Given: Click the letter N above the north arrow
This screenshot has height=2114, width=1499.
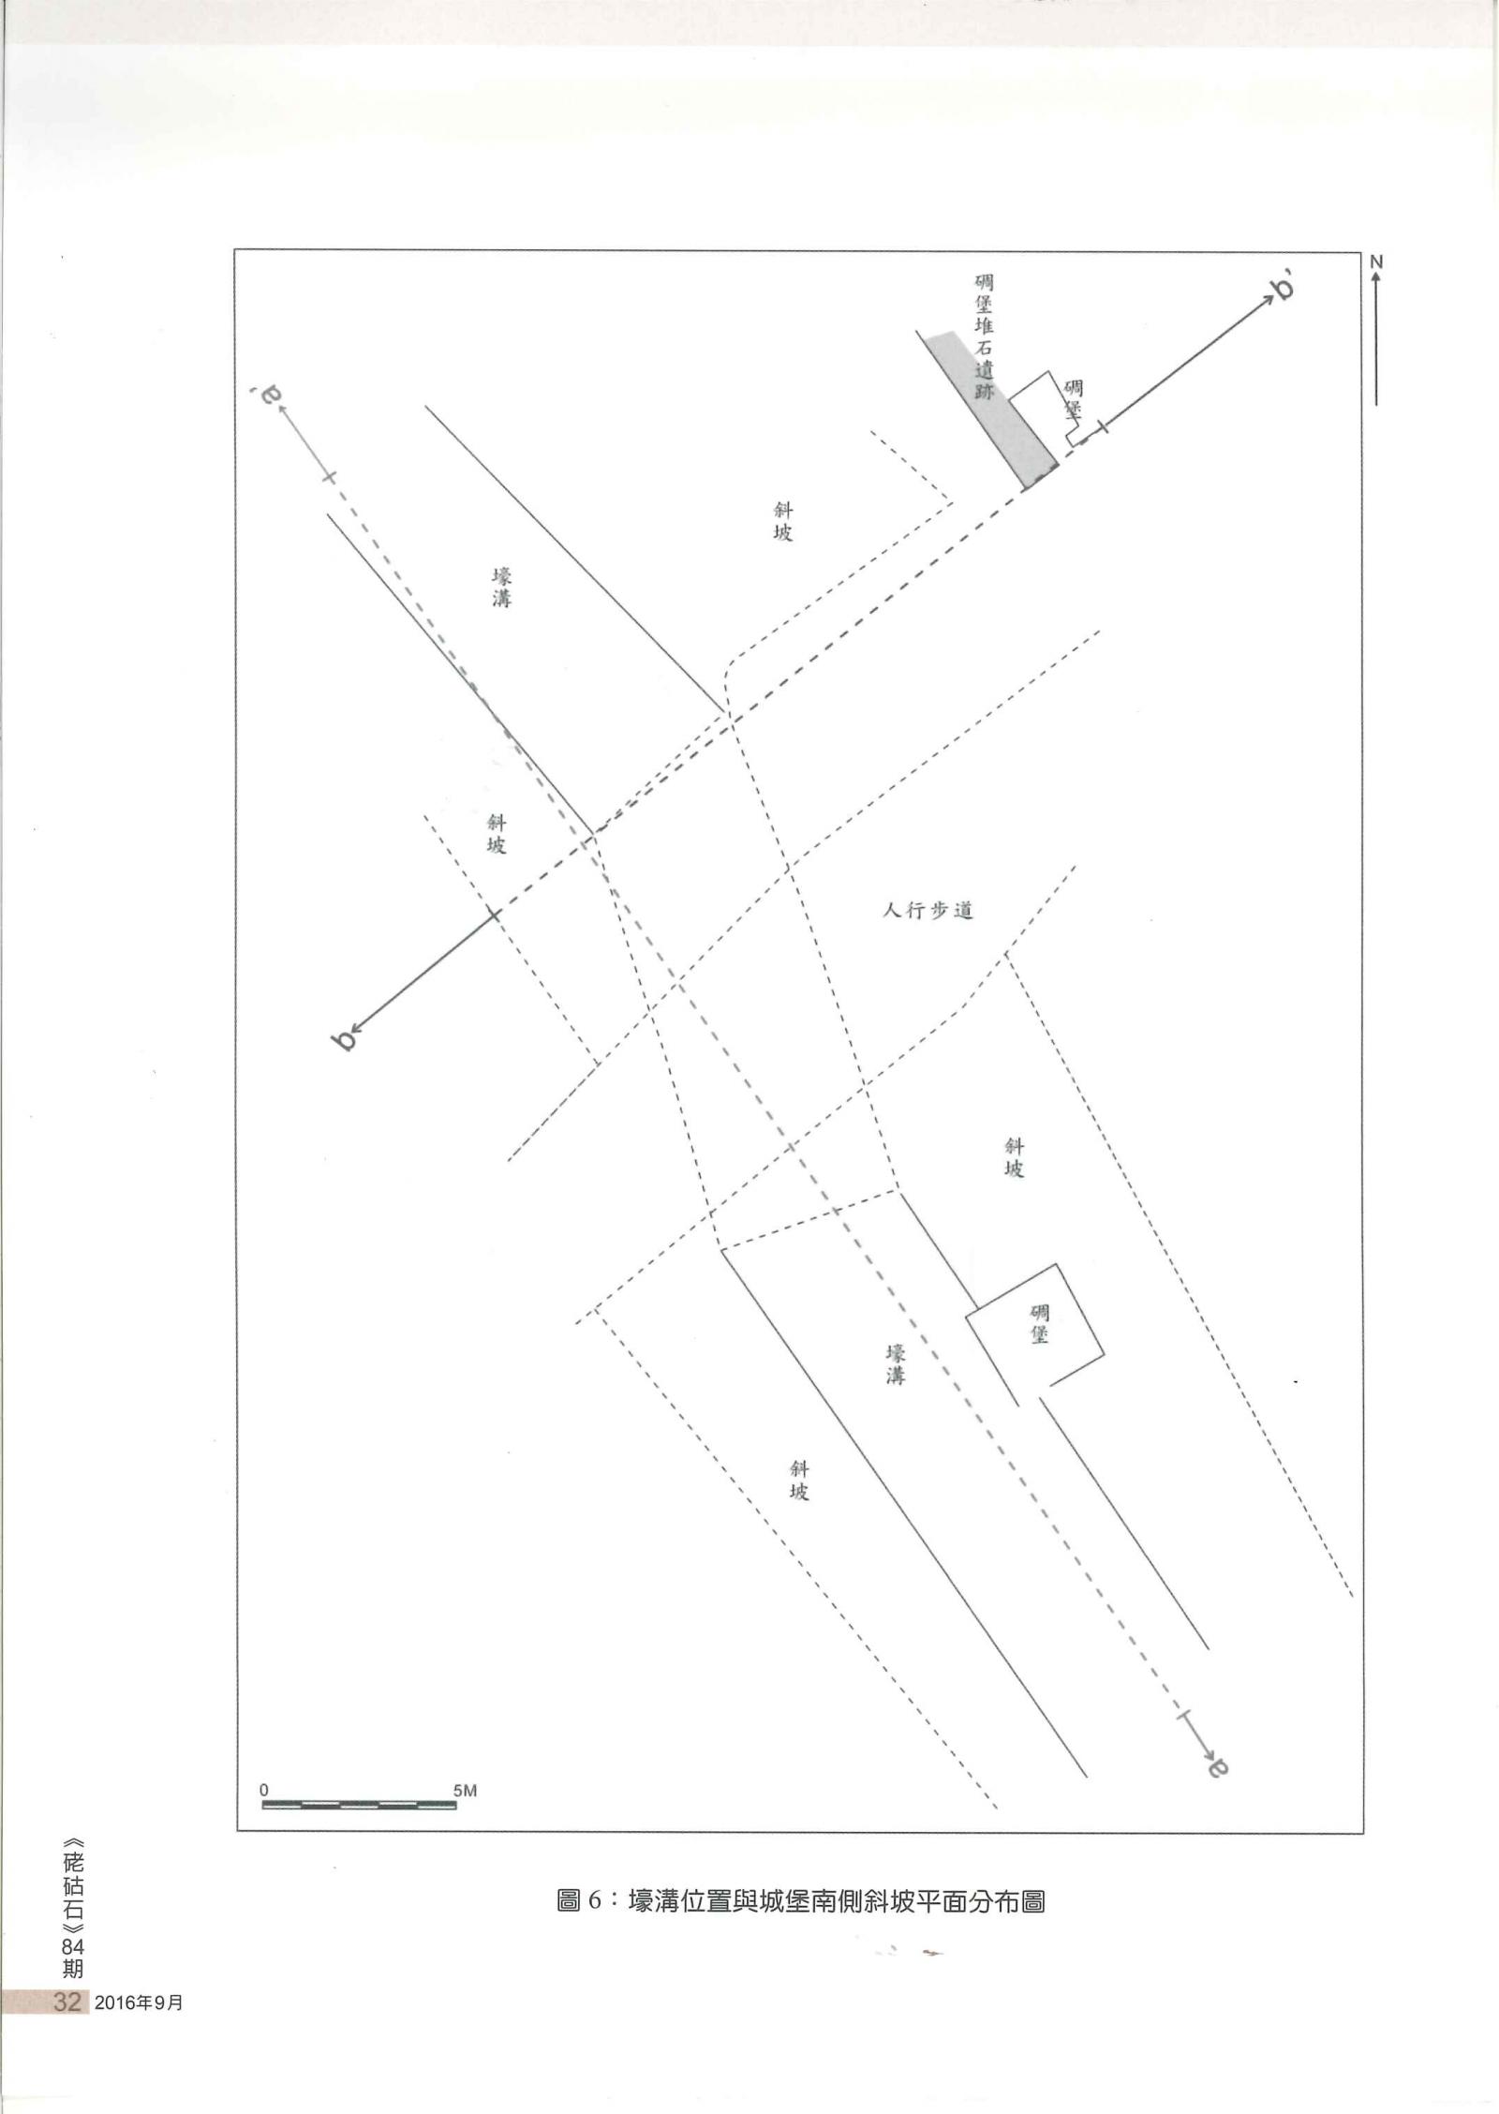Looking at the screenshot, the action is click(1376, 263).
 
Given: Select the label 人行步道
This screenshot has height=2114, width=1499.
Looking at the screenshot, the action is click(928, 910).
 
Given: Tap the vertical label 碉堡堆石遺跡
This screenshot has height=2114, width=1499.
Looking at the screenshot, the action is click(984, 336).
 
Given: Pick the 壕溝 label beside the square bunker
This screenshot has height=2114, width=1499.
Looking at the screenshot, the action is click(897, 1364).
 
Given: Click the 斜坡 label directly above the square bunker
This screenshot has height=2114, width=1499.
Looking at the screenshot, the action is click(1015, 1157).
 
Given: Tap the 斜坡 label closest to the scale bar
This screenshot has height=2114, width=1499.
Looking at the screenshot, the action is click(799, 1481).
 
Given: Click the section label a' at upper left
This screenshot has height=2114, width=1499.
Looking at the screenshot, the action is click(268, 396).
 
